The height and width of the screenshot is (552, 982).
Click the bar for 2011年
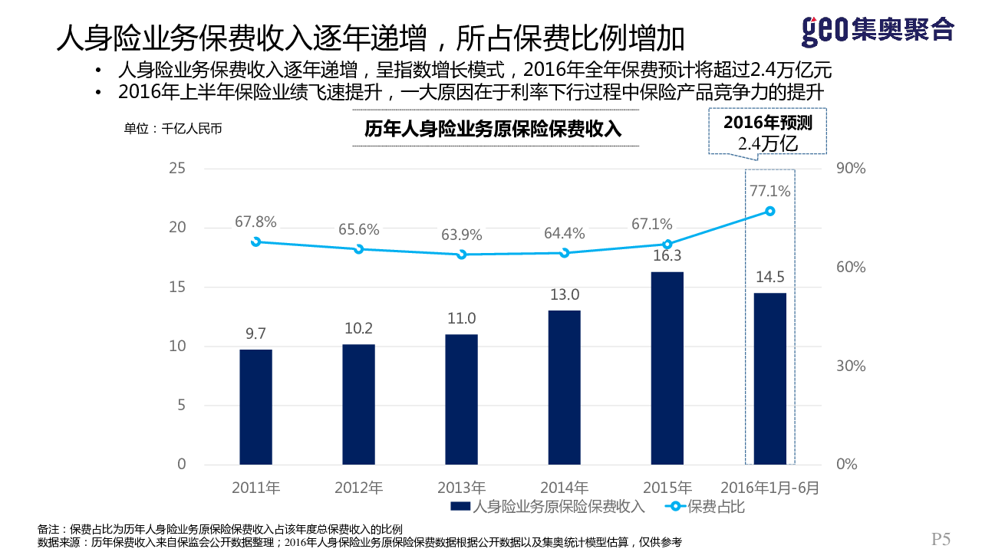click(x=255, y=406)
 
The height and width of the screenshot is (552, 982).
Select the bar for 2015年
click(x=667, y=368)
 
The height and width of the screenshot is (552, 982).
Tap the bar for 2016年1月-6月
click(x=769, y=378)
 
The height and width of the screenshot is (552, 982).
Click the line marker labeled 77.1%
click(x=769, y=211)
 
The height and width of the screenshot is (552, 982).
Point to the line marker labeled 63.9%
click(x=462, y=254)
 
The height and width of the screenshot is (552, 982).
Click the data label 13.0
click(x=564, y=294)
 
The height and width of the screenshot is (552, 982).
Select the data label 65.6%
click(x=359, y=229)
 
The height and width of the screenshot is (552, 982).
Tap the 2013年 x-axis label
click(x=462, y=488)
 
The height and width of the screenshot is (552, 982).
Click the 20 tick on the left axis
click(x=177, y=228)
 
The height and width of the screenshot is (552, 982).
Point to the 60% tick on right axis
click(x=850, y=268)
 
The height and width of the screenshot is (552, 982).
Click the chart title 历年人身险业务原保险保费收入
click(x=492, y=129)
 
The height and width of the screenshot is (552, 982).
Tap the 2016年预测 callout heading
click(x=768, y=123)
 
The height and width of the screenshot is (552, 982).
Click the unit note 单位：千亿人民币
click(x=173, y=129)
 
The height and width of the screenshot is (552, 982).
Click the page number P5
click(x=941, y=539)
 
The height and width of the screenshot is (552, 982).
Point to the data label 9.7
click(x=255, y=333)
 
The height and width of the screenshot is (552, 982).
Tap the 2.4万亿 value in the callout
click(x=768, y=143)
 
